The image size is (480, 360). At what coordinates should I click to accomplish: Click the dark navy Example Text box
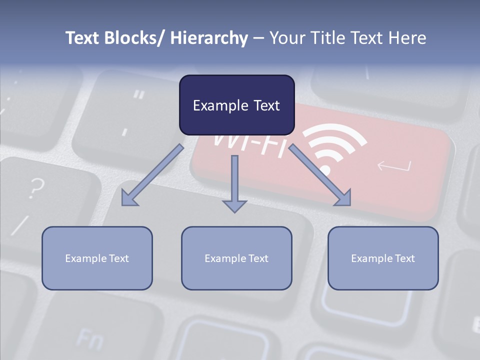[236, 105]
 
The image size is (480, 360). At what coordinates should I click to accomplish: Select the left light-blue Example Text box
[97, 258]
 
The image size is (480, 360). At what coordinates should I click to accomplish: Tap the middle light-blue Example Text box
[236, 258]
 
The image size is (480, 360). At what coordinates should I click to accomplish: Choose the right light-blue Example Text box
[383, 258]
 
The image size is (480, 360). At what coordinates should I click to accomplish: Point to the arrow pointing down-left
[152, 175]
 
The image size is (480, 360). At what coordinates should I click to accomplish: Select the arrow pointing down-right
[320, 175]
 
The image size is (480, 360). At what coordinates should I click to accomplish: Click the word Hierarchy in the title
[209, 38]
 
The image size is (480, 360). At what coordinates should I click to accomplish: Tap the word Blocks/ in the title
[135, 38]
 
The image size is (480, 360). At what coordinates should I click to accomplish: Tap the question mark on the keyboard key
[35, 187]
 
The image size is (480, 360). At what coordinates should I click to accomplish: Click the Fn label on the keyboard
[90, 340]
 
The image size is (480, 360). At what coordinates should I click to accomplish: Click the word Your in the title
[287, 38]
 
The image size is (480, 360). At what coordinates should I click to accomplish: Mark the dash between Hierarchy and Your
[258, 38]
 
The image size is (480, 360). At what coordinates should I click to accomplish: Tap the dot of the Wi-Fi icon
[325, 170]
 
